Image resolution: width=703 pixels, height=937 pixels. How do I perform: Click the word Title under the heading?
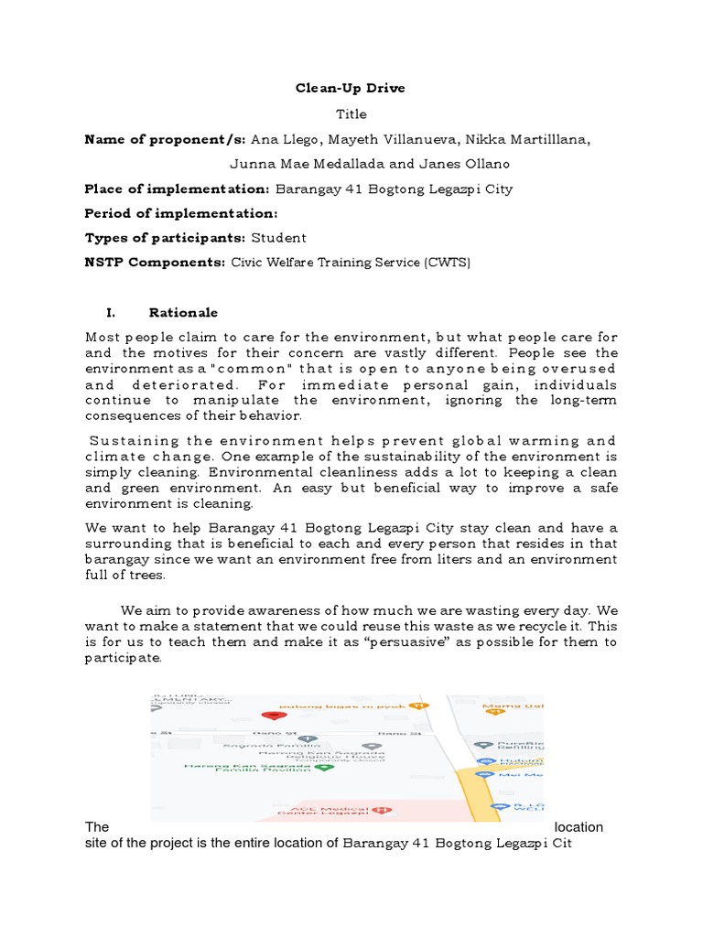(351, 114)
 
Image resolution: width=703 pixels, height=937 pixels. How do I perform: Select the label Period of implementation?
(180, 213)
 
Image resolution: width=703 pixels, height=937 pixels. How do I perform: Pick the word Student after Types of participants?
(278, 238)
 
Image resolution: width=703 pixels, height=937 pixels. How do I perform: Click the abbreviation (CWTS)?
(447, 263)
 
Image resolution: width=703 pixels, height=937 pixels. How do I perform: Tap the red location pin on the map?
(271, 716)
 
